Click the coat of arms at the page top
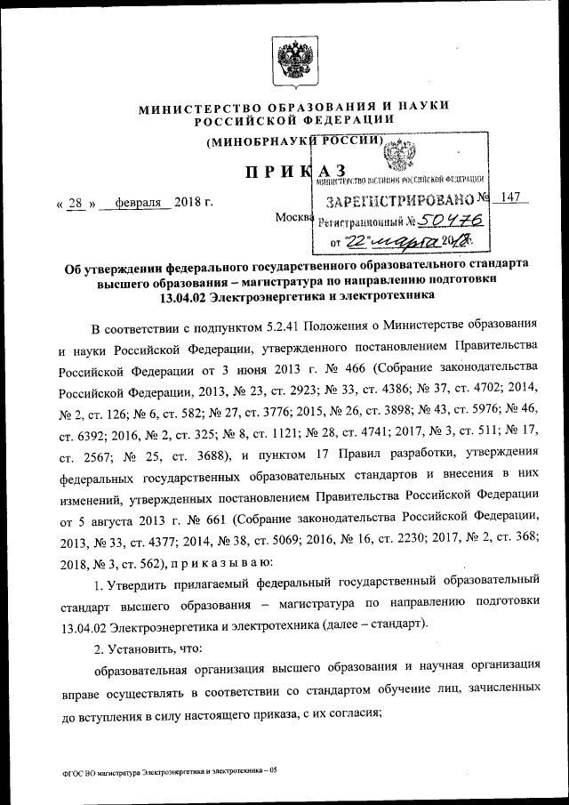click(291, 59)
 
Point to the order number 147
click(509, 198)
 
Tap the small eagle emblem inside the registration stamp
click(397, 157)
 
